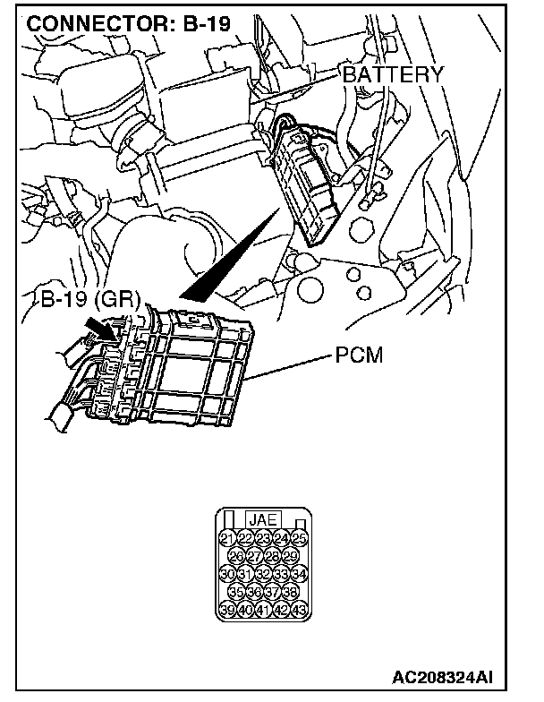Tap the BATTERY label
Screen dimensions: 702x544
394,75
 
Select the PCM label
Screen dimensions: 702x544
359,356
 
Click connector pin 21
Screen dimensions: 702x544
226,538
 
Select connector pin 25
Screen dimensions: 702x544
300,538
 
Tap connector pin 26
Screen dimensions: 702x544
236,556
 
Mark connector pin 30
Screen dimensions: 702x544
226,574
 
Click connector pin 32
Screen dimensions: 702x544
263,574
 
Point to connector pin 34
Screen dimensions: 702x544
300,574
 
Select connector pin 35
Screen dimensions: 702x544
236,592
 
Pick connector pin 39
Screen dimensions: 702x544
226,610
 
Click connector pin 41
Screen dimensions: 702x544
263,610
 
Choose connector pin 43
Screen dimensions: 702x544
300,610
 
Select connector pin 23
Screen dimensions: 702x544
263,538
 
